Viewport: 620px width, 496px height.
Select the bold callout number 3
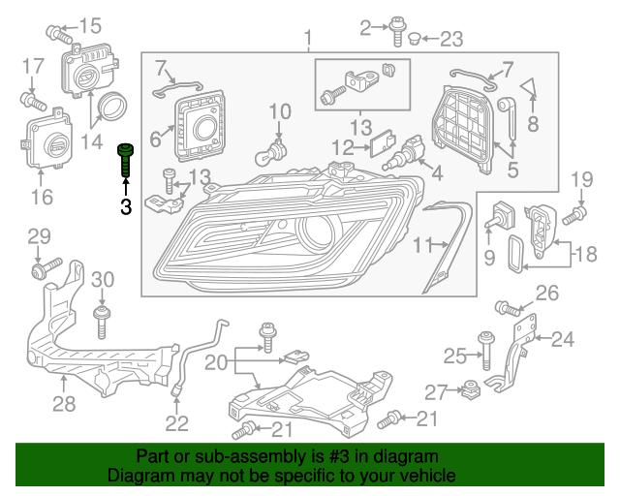coord(125,205)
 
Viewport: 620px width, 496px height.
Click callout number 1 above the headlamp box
coord(308,39)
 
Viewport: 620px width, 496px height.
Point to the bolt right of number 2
coord(398,31)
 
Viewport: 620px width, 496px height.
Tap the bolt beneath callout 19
coord(579,210)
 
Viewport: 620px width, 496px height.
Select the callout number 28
coord(63,403)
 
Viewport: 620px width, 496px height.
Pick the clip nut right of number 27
coord(472,389)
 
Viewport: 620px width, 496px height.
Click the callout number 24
coord(563,339)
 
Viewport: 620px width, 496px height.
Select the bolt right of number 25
coord(486,350)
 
